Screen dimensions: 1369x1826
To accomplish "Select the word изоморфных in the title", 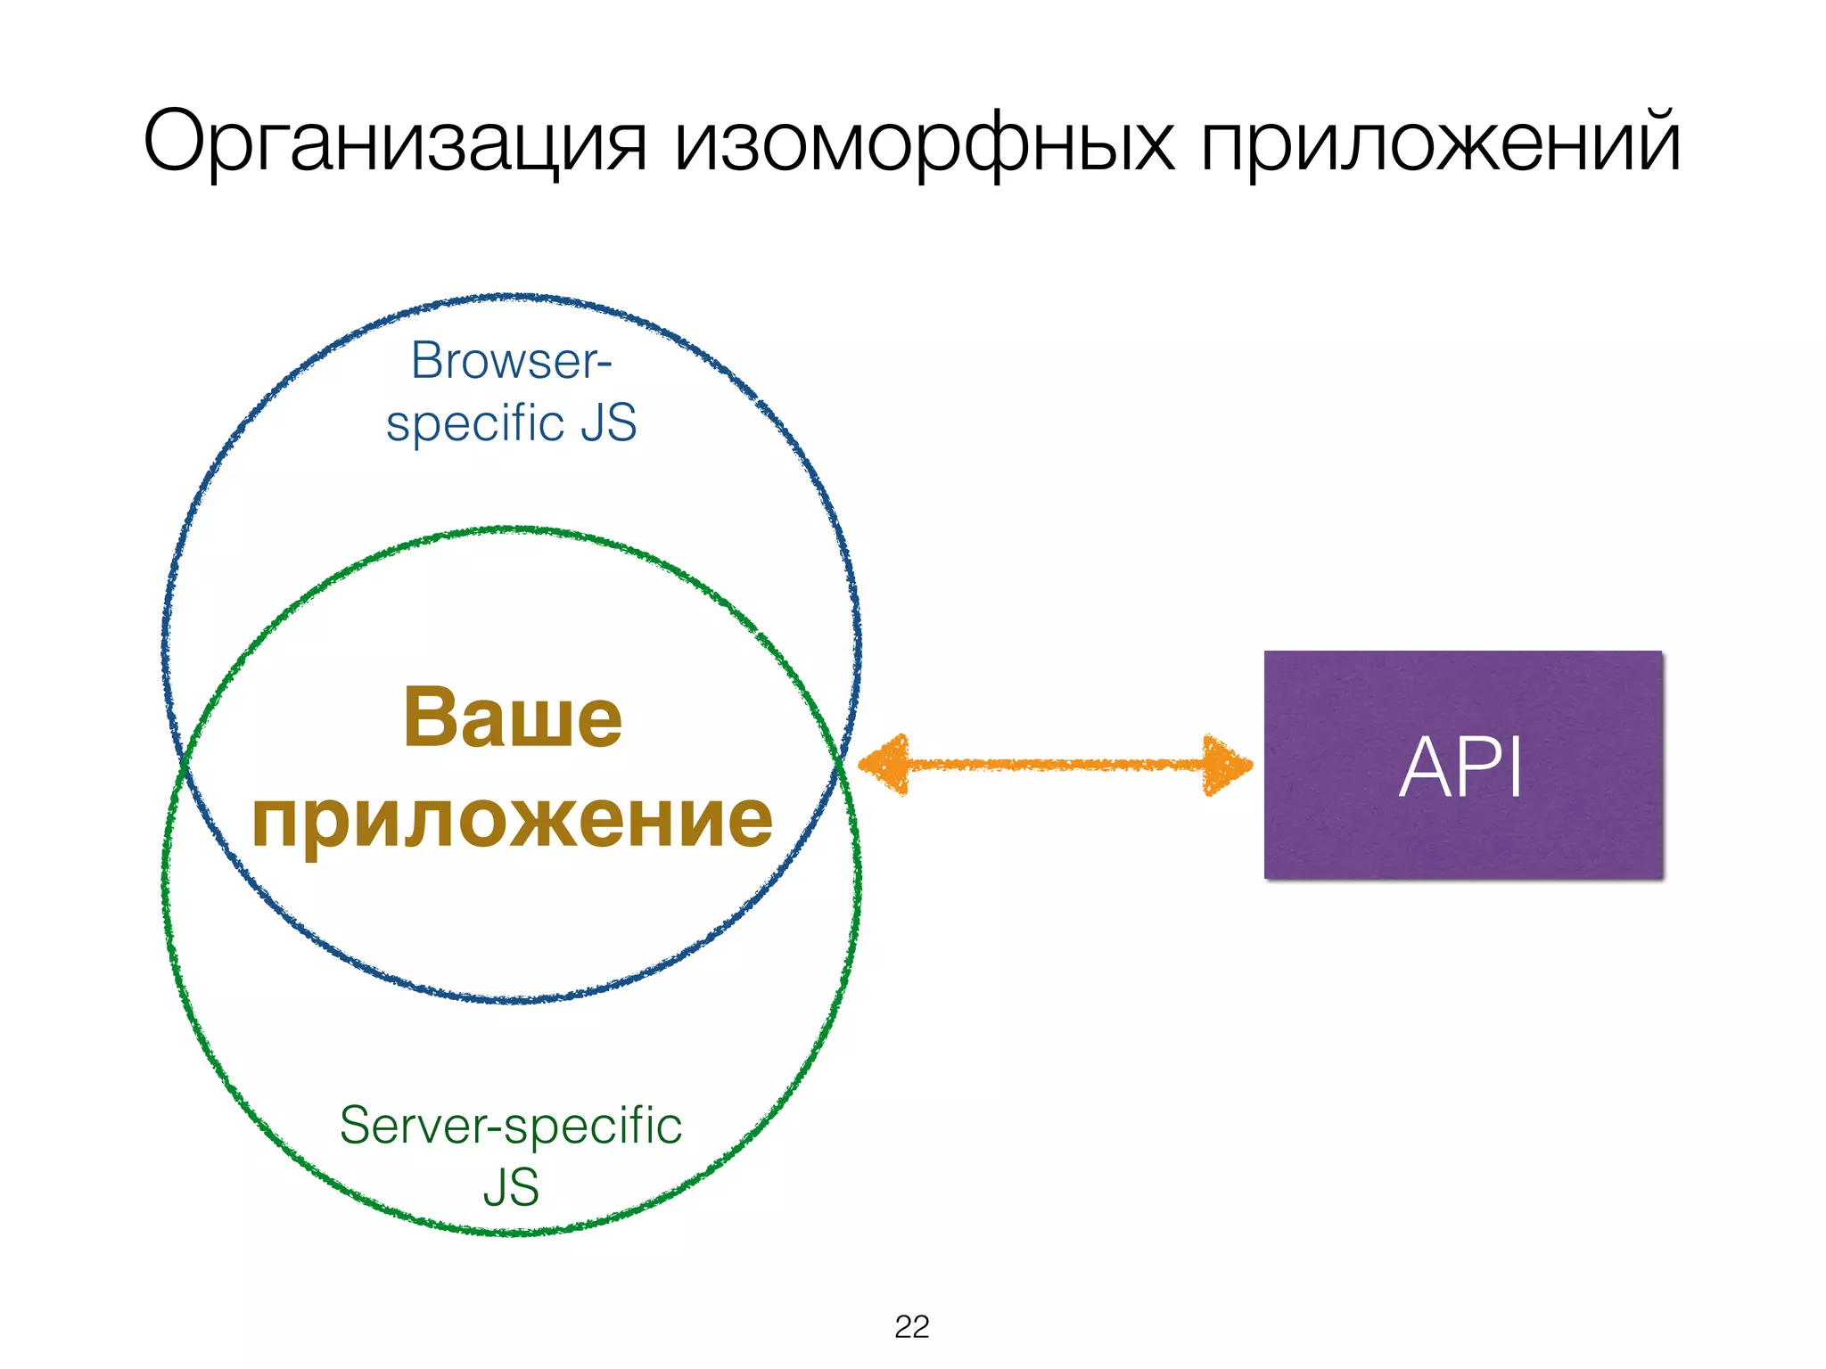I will (x=924, y=143).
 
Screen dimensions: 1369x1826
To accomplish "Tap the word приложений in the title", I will (x=1441, y=143).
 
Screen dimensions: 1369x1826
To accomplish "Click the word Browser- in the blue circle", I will (x=511, y=361).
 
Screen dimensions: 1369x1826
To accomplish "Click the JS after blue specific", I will (x=609, y=422).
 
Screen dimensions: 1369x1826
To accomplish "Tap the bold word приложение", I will (x=513, y=820).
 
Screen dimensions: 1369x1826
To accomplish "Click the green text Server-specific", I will (x=511, y=1125).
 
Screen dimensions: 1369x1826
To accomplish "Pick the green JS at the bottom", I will (x=511, y=1187).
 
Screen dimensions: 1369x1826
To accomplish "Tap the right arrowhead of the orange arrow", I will (x=1225, y=764).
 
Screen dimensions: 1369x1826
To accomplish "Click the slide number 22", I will (x=911, y=1327).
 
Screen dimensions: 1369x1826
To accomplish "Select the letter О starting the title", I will (x=176, y=141).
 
